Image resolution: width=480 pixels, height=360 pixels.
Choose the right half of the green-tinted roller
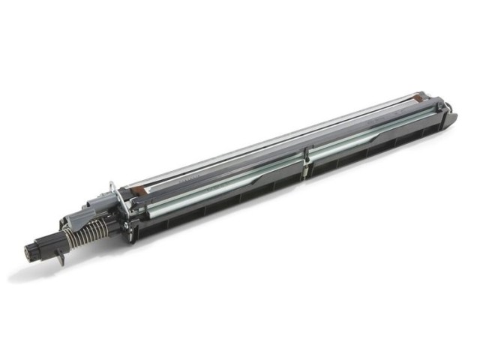[x=375, y=136]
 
